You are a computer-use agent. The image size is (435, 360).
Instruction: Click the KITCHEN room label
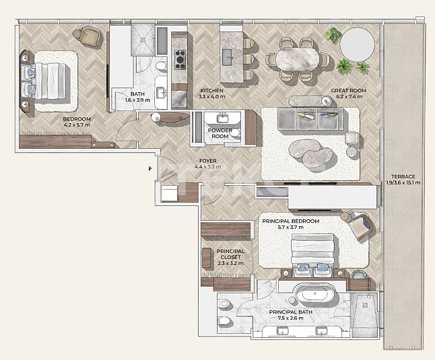(x=211, y=89)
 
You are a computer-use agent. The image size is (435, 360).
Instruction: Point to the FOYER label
(x=207, y=160)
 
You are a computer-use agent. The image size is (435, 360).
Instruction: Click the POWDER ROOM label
(x=220, y=133)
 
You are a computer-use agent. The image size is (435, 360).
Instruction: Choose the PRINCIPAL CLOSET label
(x=230, y=254)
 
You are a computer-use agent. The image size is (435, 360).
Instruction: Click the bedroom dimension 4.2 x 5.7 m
(x=76, y=125)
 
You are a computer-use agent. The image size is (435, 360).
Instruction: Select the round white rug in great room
(x=358, y=45)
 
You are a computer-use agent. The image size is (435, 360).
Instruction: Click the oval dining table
(x=297, y=58)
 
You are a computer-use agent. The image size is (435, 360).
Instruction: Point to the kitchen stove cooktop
(x=180, y=59)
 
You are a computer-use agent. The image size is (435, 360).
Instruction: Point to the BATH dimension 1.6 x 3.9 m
(x=137, y=100)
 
